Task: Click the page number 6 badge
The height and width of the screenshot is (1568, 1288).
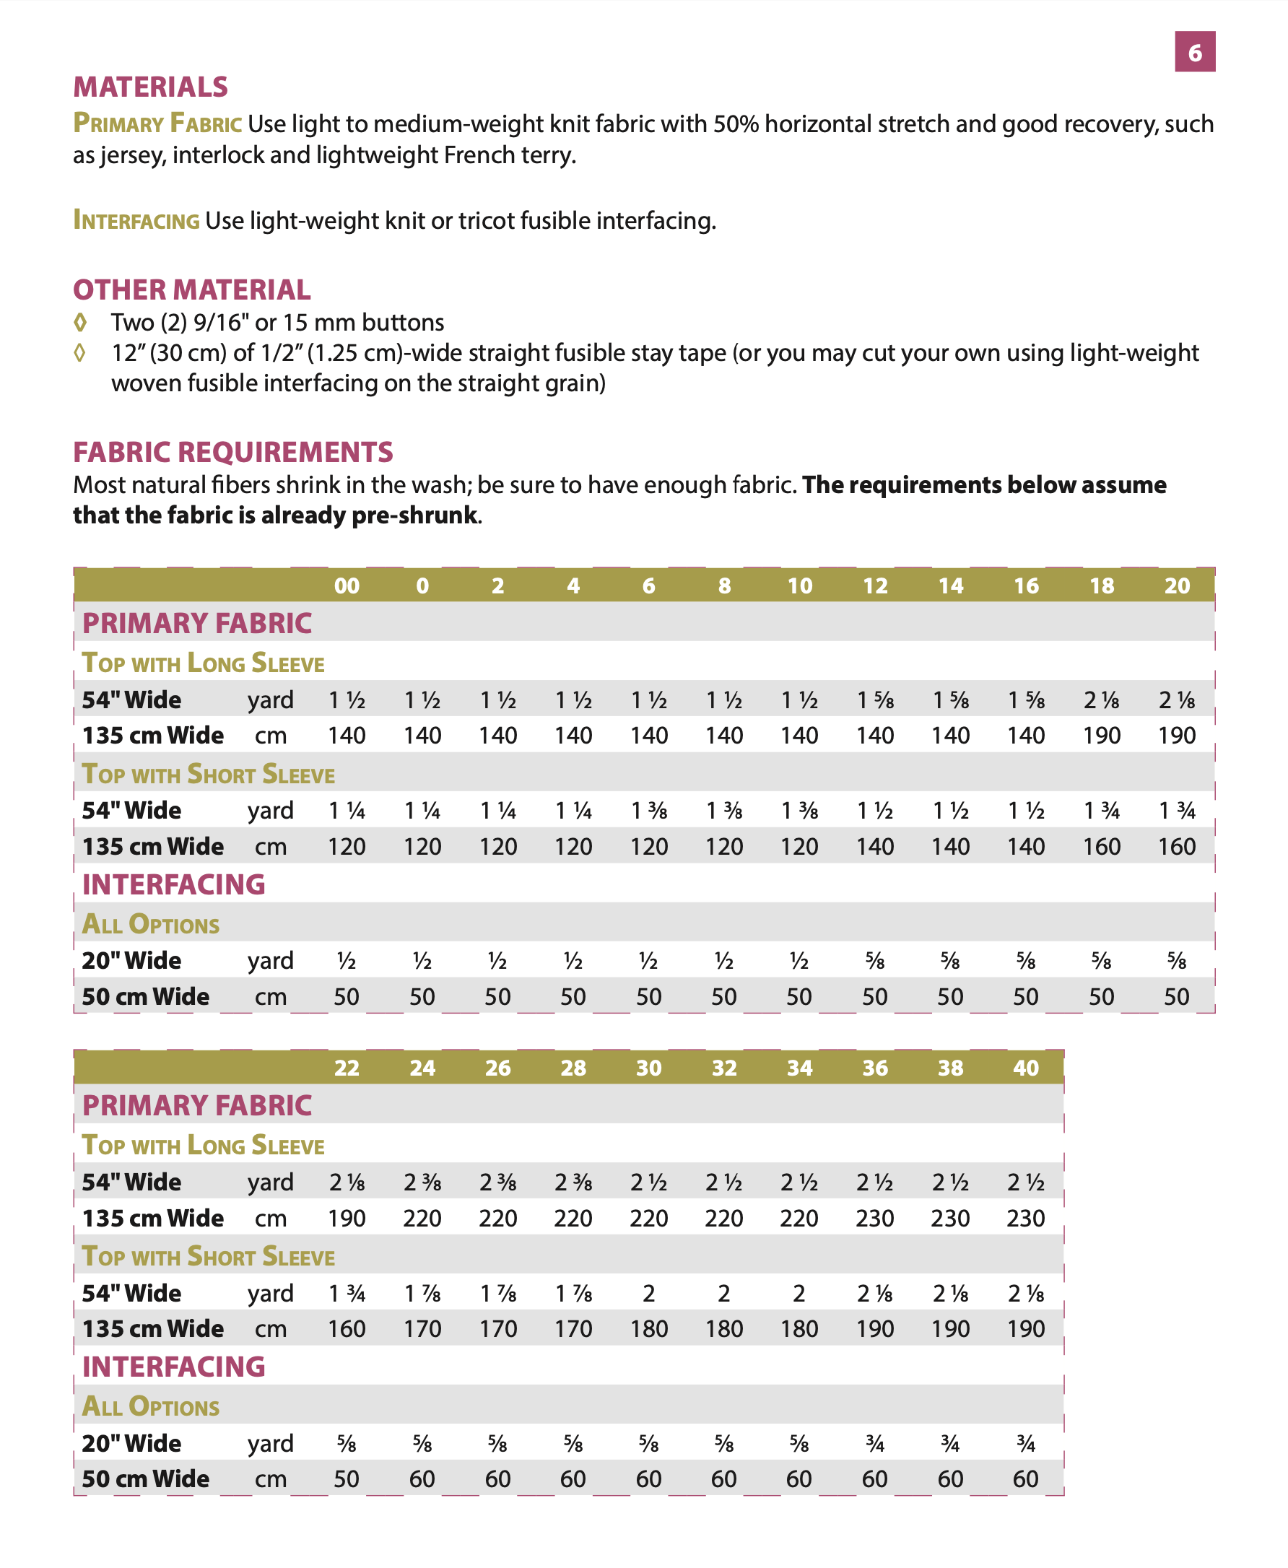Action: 1195,52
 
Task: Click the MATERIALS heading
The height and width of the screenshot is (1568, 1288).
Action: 150,87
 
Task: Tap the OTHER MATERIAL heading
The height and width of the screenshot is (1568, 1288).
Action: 191,289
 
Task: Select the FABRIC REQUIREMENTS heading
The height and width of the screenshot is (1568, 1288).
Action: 233,452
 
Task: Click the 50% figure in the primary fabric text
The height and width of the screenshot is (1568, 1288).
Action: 736,124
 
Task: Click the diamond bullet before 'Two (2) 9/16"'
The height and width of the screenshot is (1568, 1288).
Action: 80,323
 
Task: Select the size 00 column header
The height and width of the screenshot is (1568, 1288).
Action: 347,586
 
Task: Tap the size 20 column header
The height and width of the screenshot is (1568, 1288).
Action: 1177,586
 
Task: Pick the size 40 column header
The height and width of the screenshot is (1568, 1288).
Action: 1025,1068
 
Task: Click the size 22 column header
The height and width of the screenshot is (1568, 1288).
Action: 347,1068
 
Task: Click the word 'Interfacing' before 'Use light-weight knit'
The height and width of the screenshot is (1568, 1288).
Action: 136,220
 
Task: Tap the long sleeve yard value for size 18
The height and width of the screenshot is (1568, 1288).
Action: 1102,700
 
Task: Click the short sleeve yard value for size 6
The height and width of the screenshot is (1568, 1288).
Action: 648,811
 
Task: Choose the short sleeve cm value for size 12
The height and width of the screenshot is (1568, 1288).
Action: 875,846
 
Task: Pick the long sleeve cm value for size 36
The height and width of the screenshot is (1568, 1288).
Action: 875,1218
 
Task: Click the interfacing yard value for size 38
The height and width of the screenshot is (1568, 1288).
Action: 950,1443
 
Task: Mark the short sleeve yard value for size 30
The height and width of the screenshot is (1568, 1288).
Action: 648,1294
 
